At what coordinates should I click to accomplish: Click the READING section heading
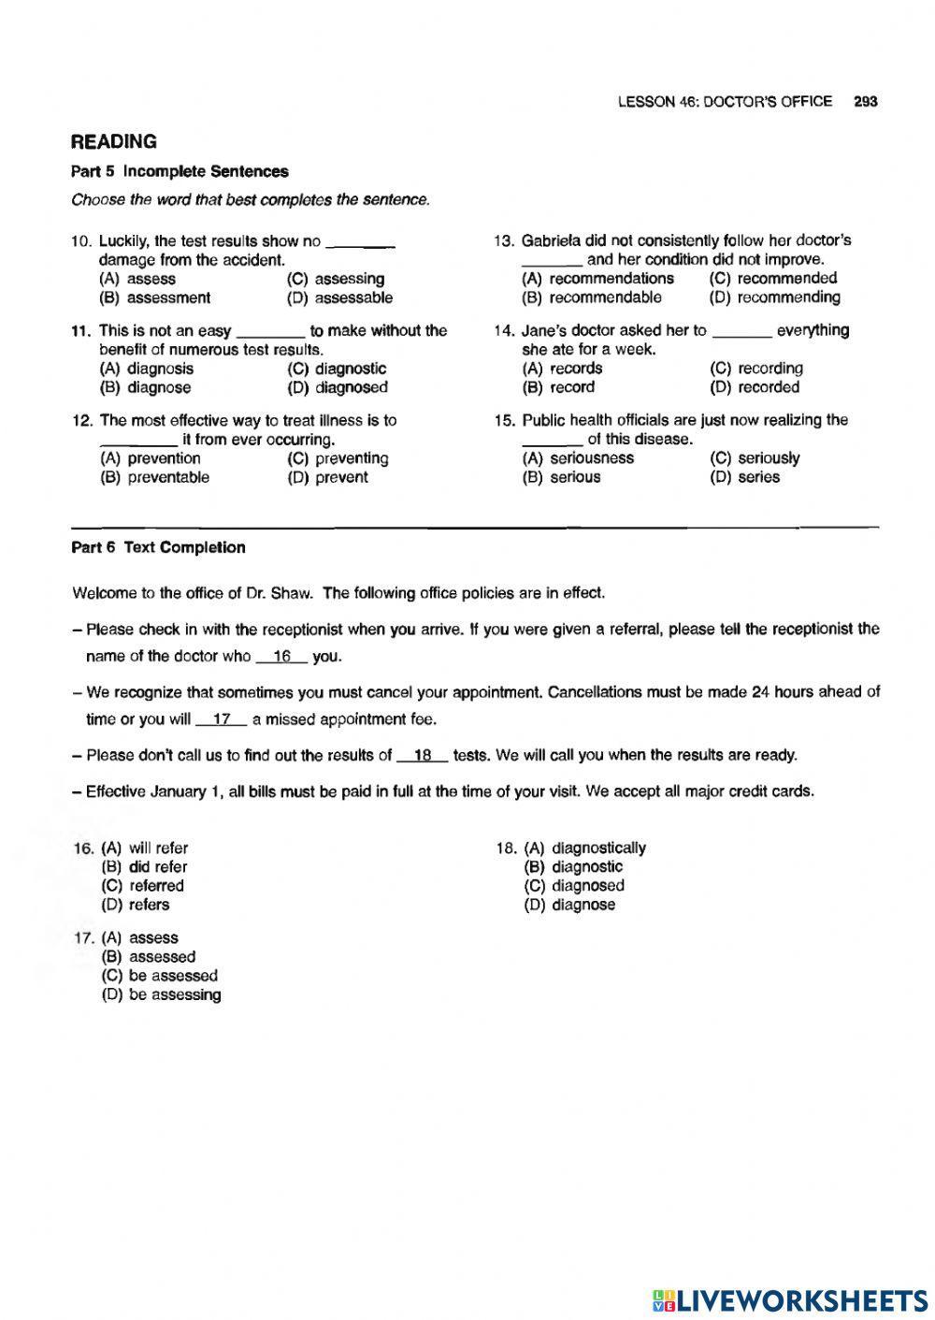click(x=114, y=142)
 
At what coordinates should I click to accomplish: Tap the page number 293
click(x=865, y=102)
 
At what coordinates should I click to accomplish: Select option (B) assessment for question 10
click(x=154, y=298)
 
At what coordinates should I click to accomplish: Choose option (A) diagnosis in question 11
click(x=147, y=369)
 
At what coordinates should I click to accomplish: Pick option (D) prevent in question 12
click(x=327, y=477)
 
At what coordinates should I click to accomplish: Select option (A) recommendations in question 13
click(x=597, y=279)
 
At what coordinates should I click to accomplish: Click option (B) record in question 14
click(x=558, y=387)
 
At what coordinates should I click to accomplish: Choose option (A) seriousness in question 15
click(x=578, y=458)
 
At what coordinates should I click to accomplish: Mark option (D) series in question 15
click(x=745, y=477)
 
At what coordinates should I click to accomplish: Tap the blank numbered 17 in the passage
click(x=222, y=719)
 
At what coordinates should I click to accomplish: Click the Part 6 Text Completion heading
click(x=158, y=548)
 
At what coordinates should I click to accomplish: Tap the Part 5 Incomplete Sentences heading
click(x=180, y=171)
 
